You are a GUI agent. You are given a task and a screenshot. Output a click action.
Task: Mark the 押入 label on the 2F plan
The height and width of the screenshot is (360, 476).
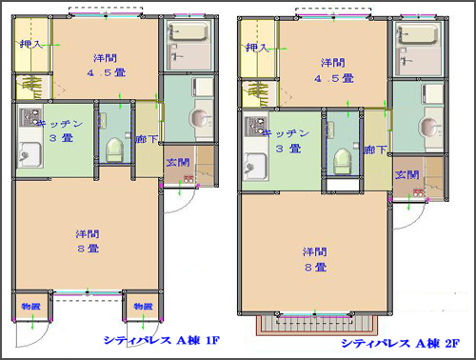click(257, 48)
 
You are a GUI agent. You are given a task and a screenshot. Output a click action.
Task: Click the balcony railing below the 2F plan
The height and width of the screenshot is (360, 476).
click(315, 326)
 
